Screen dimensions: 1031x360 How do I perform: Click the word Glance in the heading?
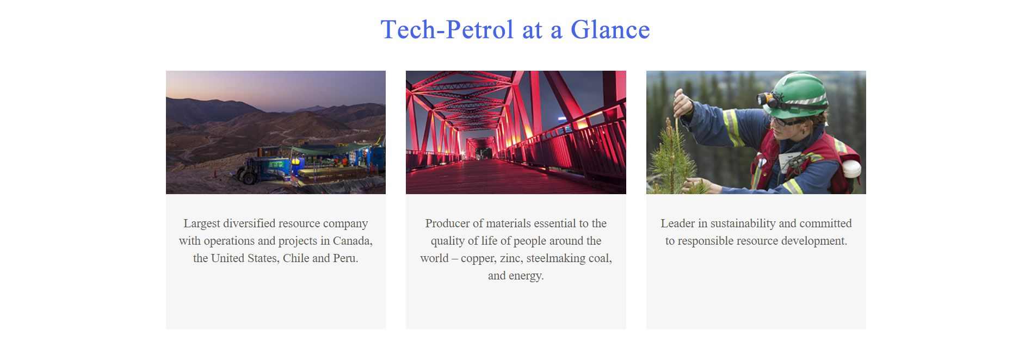point(610,29)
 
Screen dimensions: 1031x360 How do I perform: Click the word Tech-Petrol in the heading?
point(447,29)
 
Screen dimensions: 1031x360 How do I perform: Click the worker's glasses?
point(784,121)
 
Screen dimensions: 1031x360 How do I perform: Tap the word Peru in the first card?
point(345,258)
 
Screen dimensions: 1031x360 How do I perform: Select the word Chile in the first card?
point(296,258)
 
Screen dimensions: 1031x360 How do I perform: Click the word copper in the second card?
point(477,259)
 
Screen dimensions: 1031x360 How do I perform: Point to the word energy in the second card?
point(526,276)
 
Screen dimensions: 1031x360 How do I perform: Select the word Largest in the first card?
point(202,224)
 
